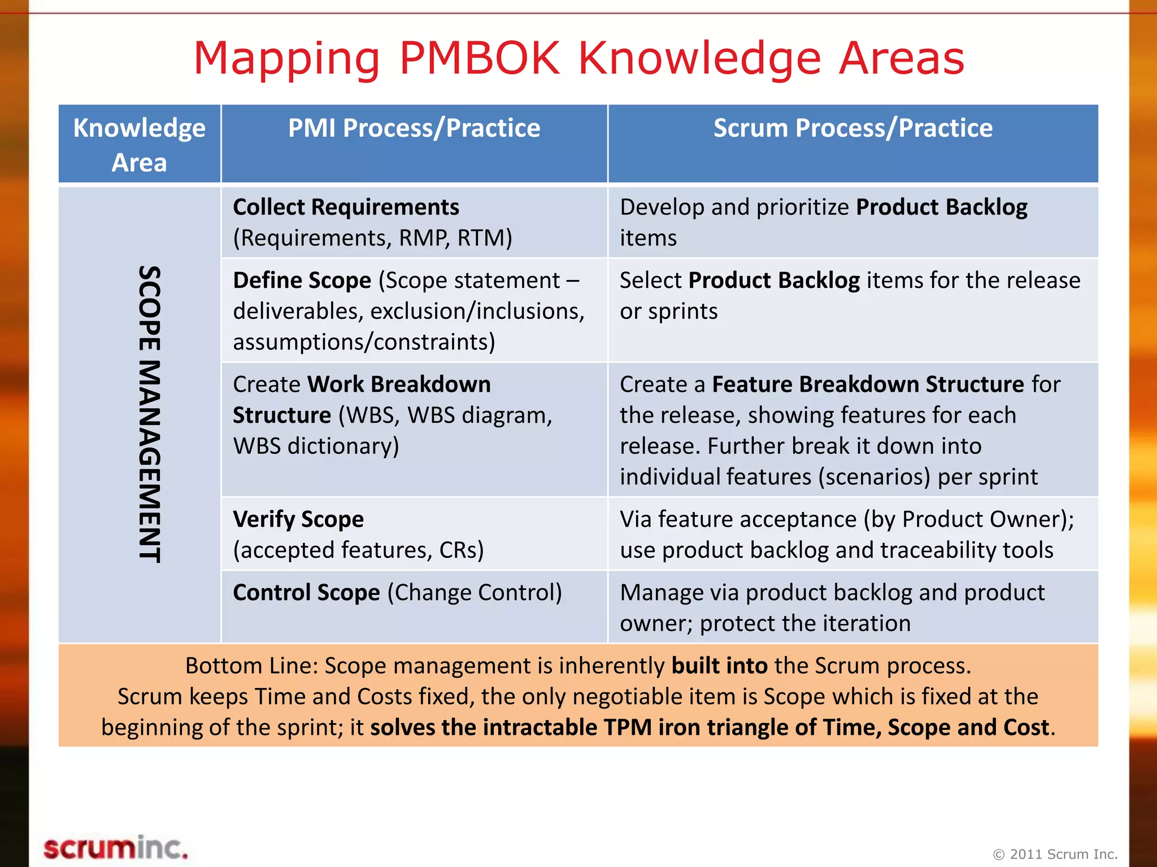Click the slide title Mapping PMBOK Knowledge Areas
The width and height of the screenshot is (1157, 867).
[x=578, y=58]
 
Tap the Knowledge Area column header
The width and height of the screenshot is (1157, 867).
[x=140, y=144]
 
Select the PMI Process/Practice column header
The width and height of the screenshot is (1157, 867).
[x=414, y=128]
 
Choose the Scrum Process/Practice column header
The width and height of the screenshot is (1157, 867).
[x=852, y=128]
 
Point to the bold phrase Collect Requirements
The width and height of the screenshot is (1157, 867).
[x=346, y=207]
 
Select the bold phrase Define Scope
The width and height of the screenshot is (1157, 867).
[x=302, y=281]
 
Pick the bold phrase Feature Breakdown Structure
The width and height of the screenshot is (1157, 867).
[x=868, y=384]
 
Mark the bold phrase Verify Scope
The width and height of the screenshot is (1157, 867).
[x=298, y=519]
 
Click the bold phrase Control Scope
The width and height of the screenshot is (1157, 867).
[x=306, y=593]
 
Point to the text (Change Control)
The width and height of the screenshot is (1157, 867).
[x=475, y=593]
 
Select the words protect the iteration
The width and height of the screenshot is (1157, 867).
[x=805, y=624]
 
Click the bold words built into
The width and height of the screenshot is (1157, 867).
[x=719, y=666]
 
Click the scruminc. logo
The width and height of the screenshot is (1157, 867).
[x=115, y=848]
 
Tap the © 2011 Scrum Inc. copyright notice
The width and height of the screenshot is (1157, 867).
[x=1055, y=854]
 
